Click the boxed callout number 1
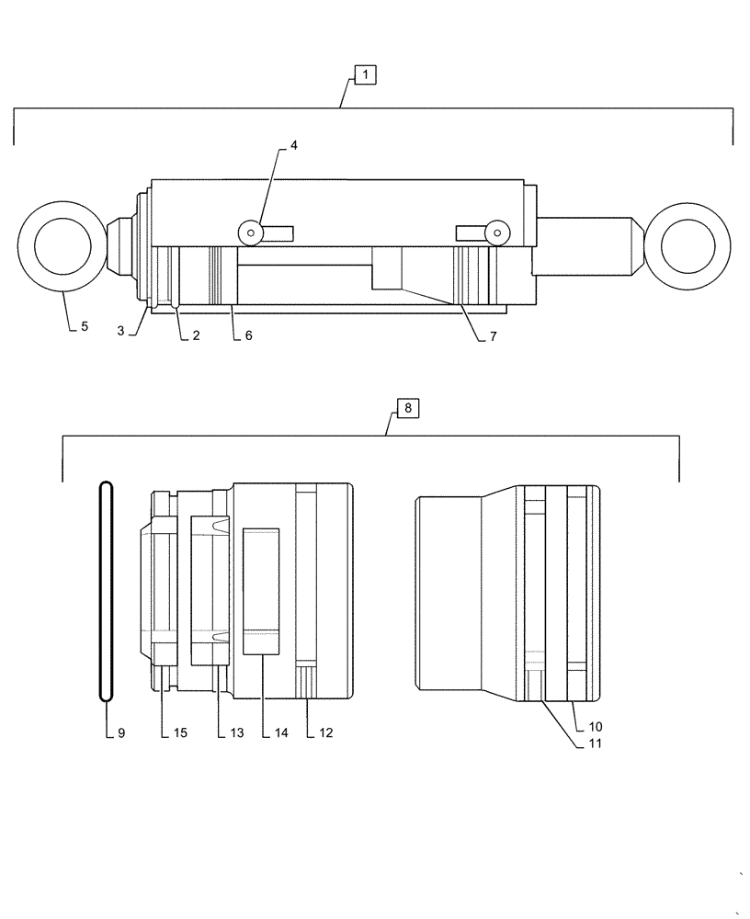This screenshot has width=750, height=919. pos(365,74)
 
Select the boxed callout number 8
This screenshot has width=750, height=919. pos(408,408)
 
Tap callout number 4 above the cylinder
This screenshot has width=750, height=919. pos(294,145)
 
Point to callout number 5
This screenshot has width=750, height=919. pos(84,325)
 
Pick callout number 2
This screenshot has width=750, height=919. pos(196,336)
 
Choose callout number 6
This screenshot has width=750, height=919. pos(248,336)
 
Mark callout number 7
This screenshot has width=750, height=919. pos(493,337)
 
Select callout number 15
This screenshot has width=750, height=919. pos(180,733)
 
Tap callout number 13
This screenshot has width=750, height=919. pos(236,733)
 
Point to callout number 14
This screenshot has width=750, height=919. pos(281,733)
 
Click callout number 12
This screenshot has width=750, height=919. pos(325,733)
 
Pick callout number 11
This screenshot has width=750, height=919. pos(596,745)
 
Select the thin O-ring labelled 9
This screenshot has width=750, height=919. pos(107,589)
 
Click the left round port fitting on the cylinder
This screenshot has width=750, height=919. pos(248,233)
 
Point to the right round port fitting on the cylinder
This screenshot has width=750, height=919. pos(497,233)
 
